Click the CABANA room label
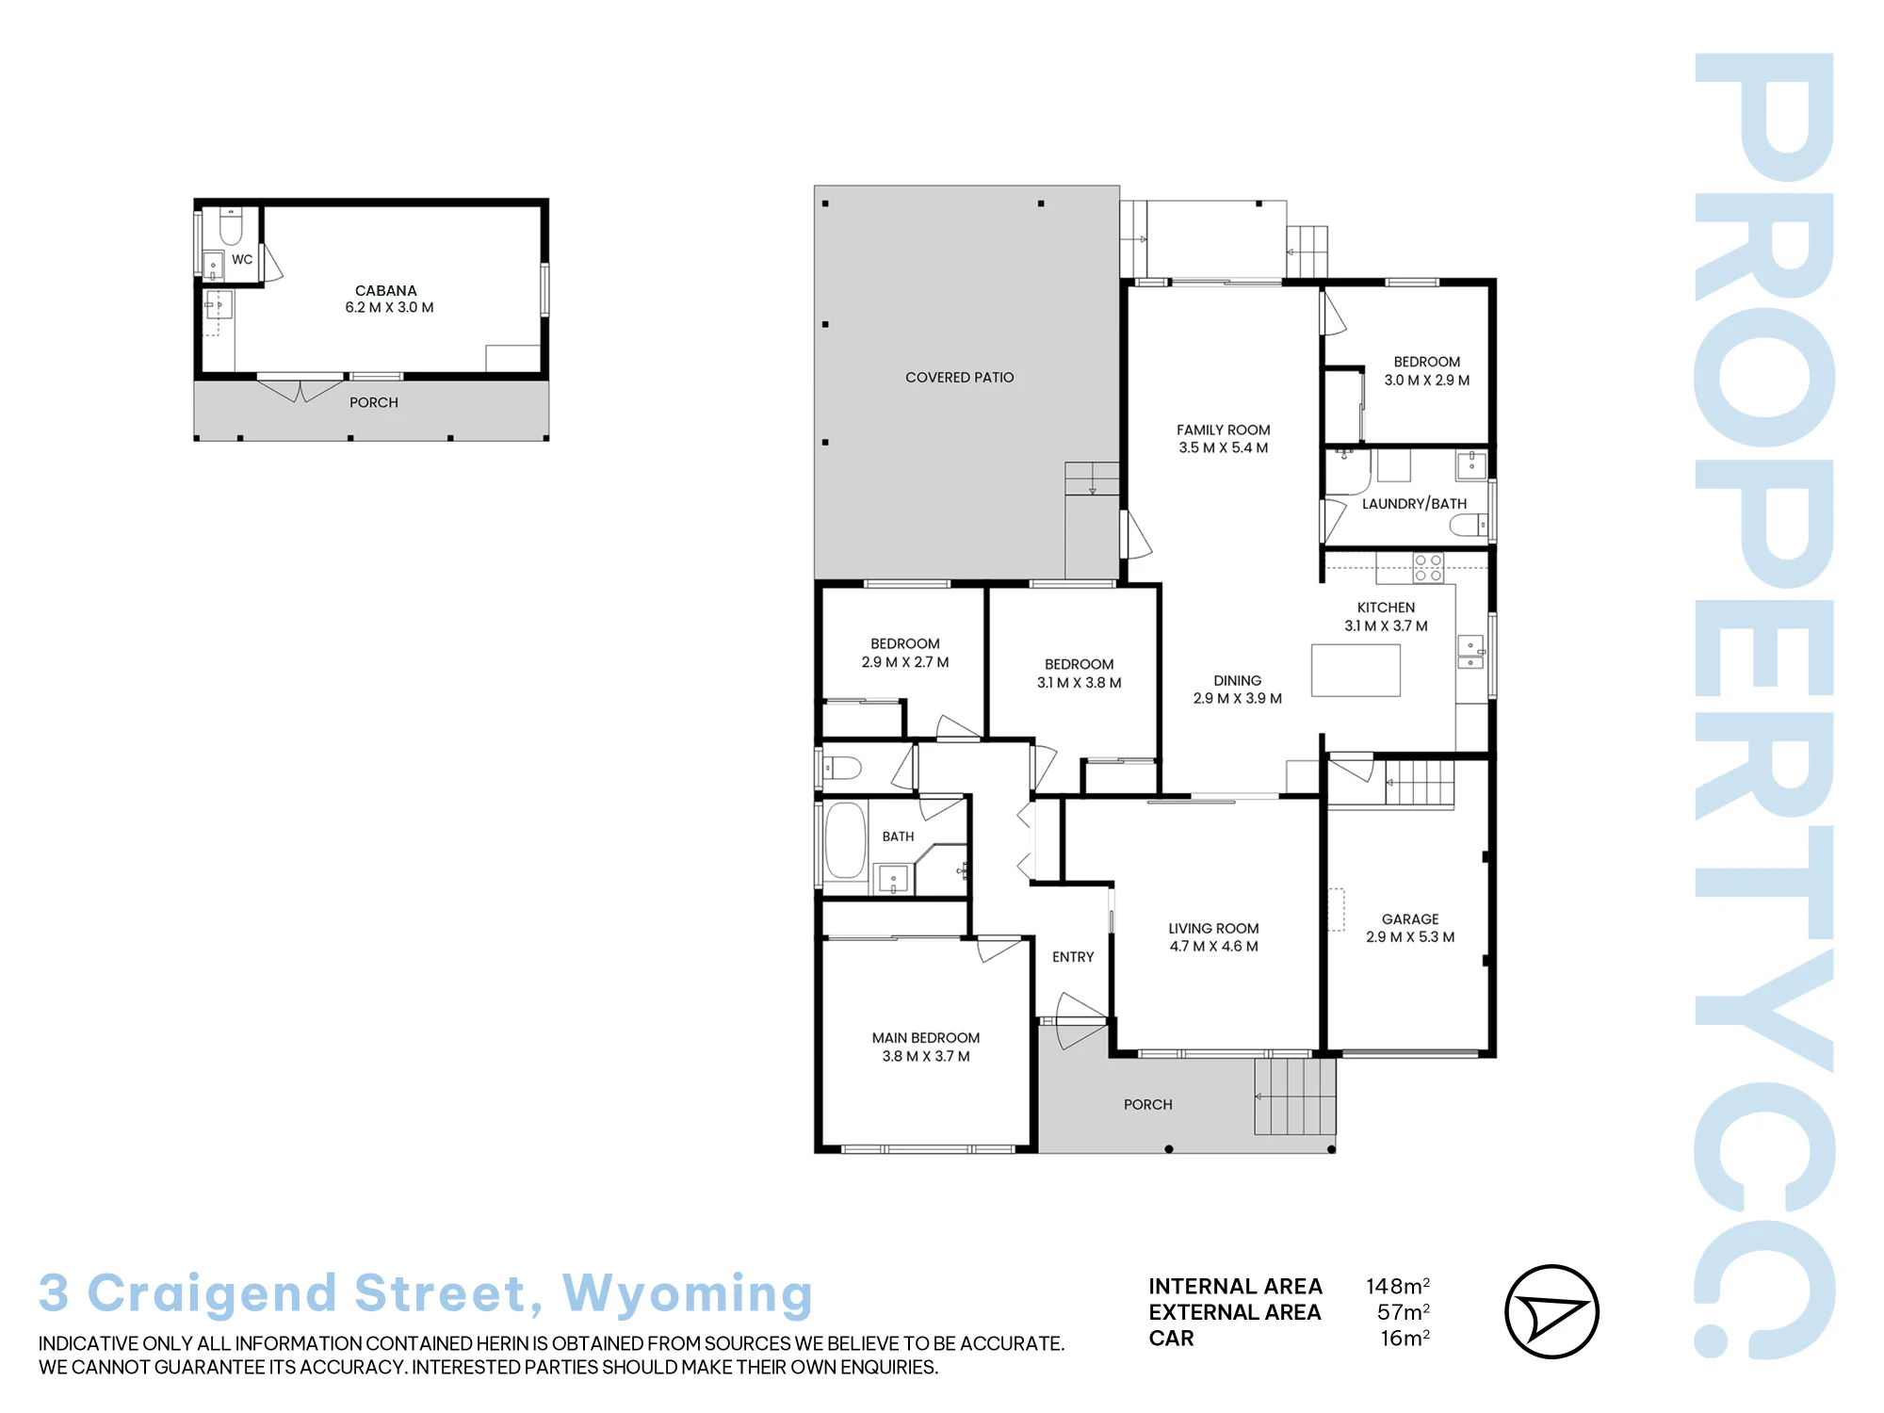(385, 290)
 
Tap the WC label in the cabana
(242, 259)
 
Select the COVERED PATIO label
(959, 377)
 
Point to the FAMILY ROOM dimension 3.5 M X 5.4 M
(1223, 447)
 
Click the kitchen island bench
(1356, 670)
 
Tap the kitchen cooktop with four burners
(1428, 568)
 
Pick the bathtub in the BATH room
(845, 840)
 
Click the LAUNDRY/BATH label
(1414, 504)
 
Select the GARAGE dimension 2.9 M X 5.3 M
(1410, 936)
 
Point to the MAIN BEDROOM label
(925, 1037)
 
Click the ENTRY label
(1073, 957)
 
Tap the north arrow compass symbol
(1551, 1311)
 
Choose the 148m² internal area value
(1398, 1286)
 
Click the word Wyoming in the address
(688, 1293)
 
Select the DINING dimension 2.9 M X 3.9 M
(1237, 698)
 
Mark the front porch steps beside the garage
(1295, 1096)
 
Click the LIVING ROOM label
(1213, 928)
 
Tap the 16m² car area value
(1405, 1338)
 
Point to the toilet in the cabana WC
(231, 226)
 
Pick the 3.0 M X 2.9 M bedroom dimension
(1426, 380)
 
